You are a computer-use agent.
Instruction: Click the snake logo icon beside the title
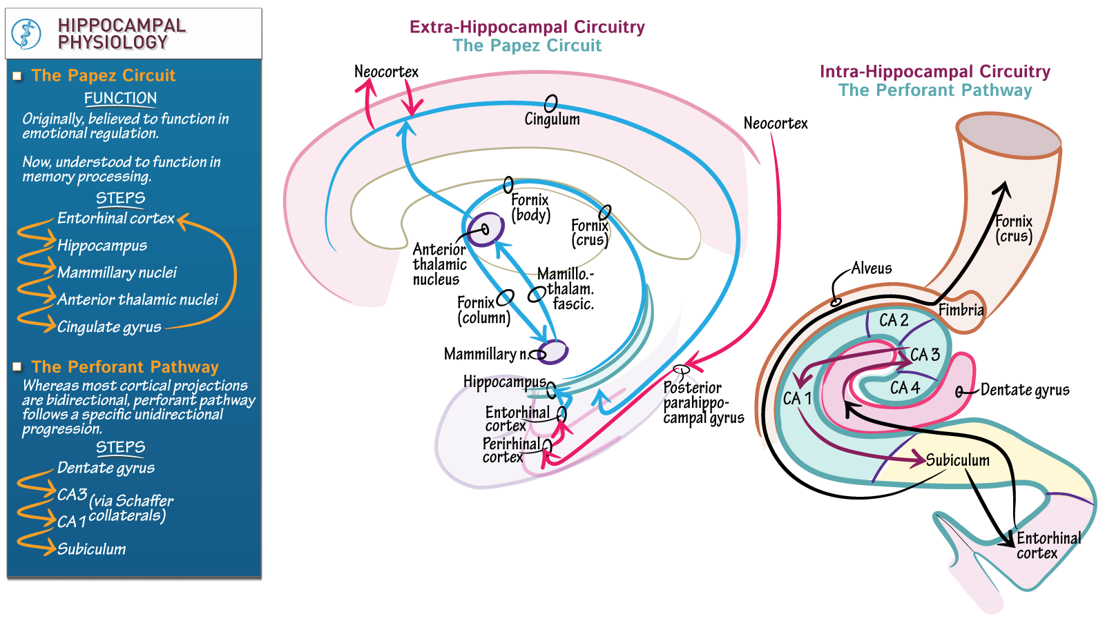pyautogui.click(x=27, y=34)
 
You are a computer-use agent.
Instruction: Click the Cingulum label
pyautogui.click(x=552, y=119)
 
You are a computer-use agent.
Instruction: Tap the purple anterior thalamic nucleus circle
pyautogui.click(x=485, y=229)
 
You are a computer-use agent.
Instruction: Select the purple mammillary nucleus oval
pyautogui.click(x=552, y=352)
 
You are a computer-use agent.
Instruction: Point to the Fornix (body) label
pyautogui.click(x=530, y=207)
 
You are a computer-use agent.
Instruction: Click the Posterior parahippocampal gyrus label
pyautogui.click(x=702, y=403)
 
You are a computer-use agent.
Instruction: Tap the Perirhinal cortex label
pyautogui.click(x=510, y=451)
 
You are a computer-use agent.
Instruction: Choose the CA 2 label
pyautogui.click(x=893, y=320)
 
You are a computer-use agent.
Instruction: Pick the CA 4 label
pyautogui.click(x=905, y=388)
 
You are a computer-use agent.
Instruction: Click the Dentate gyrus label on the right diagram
pyautogui.click(x=1024, y=391)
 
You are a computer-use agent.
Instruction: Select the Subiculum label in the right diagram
pyautogui.click(x=957, y=460)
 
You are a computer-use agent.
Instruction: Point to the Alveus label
pyautogui.click(x=871, y=268)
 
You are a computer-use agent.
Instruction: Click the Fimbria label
pyautogui.click(x=961, y=310)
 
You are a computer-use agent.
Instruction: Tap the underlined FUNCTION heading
pyautogui.click(x=120, y=99)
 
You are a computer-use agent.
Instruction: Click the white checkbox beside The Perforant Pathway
pyautogui.click(x=17, y=367)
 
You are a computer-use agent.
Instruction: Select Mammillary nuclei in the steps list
pyautogui.click(x=117, y=273)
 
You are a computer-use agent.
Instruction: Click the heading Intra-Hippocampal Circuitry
pyautogui.click(x=934, y=72)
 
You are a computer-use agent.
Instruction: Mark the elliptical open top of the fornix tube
pyautogui.click(x=1008, y=136)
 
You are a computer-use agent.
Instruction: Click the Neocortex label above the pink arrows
pyautogui.click(x=386, y=72)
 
